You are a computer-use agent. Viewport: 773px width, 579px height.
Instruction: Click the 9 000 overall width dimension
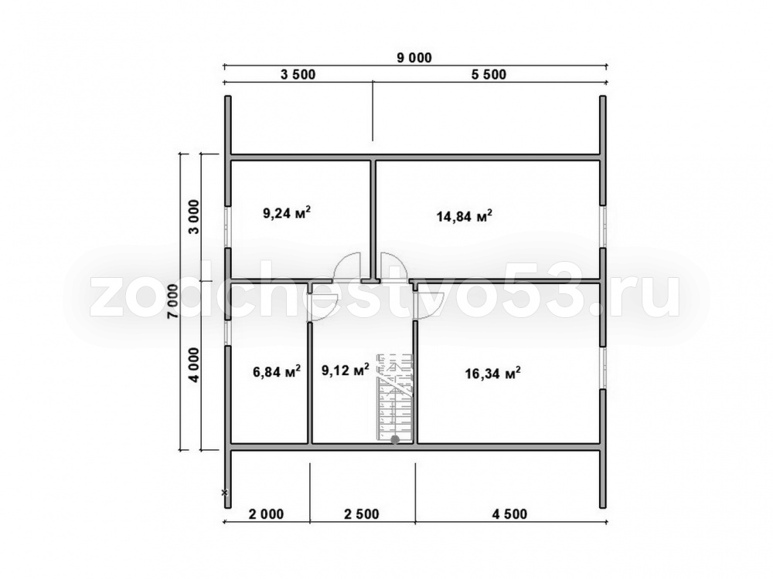click(414, 58)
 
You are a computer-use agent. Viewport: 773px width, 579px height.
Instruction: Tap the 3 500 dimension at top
click(298, 75)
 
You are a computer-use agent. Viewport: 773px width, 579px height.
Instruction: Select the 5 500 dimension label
click(489, 75)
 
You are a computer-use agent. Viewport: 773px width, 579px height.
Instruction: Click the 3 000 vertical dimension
click(195, 217)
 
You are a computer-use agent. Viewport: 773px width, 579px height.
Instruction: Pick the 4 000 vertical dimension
click(195, 365)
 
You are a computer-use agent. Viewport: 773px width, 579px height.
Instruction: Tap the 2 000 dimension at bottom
click(266, 514)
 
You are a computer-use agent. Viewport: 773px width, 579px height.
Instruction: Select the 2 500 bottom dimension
click(361, 514)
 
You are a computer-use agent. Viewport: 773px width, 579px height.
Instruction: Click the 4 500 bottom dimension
click(509, 514)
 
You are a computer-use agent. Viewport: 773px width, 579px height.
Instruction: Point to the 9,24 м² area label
click(287, 213)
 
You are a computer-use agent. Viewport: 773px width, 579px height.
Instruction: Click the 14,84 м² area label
click(465, 216)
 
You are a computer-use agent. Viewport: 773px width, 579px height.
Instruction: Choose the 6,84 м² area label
click(277, 372)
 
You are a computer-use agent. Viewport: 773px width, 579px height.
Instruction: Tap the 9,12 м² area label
click(345, 370)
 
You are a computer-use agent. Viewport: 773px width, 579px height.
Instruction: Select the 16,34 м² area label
click(493, 374)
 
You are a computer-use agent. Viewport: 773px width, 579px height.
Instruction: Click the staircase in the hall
click(394, 396)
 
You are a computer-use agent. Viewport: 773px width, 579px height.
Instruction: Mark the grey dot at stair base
click(395, 439)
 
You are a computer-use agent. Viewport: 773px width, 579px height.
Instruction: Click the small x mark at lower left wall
click(225, 492)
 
